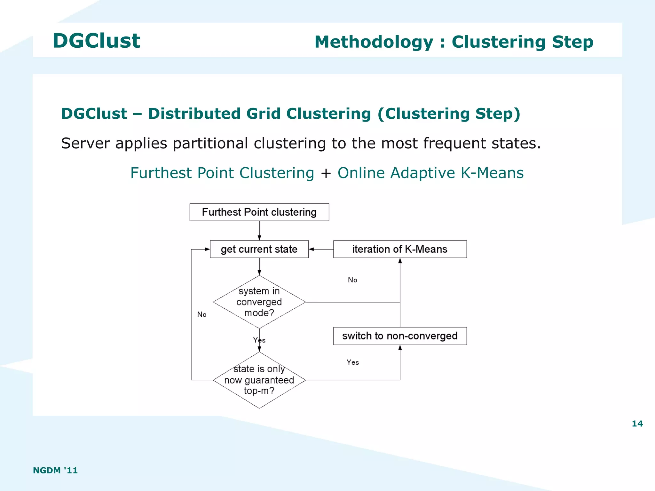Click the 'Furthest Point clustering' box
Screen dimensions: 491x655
(x=259, y=212)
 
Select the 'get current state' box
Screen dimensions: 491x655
(x=259, y=249)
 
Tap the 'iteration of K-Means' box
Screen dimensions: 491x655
(x=400, y=249)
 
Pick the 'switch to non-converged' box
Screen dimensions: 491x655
(x=400, y=336)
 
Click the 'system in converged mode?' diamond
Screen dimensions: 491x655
(x=259, y=302)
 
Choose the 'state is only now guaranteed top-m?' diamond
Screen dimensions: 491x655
(x=259, y=380)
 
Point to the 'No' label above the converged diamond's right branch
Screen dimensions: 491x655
(x=352, y=280)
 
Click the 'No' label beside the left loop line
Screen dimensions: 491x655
(x=202, y=314)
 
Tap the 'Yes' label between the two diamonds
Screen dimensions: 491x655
(x=259, y=340)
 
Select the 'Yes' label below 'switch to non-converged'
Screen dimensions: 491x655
(x=353, y=362)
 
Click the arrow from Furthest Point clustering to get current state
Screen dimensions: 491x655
(x=259, y=231)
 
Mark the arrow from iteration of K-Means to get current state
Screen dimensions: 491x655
(x=321, y=249)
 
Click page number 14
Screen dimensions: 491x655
(x=637, y=424)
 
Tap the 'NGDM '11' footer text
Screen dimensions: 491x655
(x=55, y=470)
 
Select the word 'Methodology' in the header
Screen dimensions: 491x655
(x=374, y=42)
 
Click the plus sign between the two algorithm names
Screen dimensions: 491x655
(x=326, y=173)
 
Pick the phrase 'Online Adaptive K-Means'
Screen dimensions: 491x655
(x=430, y=173)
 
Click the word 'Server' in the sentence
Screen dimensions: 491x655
(x=85, y=143)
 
